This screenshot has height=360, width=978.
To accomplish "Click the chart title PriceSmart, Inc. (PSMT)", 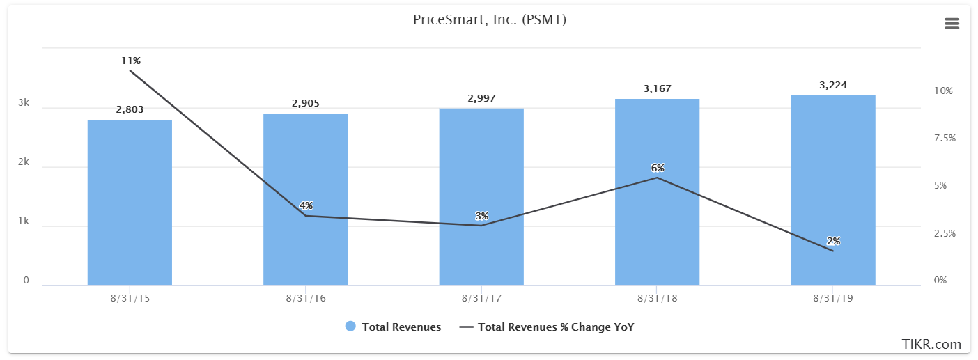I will coord(489,20).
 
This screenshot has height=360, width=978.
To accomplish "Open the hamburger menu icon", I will coord(952,24).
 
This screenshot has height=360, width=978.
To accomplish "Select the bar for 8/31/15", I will coord(130,203).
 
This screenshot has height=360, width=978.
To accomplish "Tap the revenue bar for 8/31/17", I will coord(481,197).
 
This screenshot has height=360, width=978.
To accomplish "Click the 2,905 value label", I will coord(305,103).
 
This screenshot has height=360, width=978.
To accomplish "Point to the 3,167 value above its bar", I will coord(657,88).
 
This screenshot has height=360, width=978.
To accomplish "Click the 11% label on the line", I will coord(130,61).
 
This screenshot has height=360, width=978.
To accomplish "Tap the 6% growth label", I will coord(658,168).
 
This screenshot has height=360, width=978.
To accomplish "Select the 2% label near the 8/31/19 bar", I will coord(833,241).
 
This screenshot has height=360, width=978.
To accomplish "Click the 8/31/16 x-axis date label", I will coord(305,298).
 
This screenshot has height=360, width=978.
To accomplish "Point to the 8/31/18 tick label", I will coord(657,298).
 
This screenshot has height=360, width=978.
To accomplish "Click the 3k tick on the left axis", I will coord(24,103).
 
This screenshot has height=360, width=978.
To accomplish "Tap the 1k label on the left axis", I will coord(24,221).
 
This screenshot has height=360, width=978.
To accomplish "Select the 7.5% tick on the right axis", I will coord(944,139).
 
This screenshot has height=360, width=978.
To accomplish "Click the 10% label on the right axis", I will coord(943,91).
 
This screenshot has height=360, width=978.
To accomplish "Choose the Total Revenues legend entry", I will coord(393,327).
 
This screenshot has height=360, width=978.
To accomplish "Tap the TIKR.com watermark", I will coord(931,344).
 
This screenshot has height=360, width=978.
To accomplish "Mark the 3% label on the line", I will coord(482,216).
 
